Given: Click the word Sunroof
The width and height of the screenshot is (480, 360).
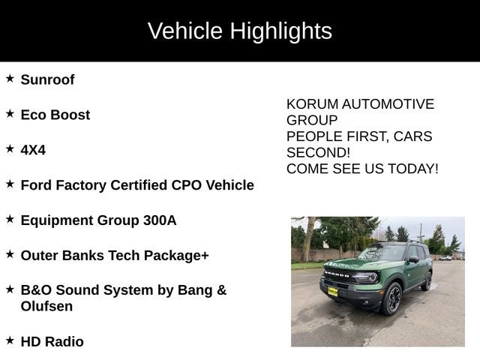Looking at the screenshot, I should (x=47, y=79).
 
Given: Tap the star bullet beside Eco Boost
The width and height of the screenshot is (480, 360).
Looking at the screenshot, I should (x=10, y=113).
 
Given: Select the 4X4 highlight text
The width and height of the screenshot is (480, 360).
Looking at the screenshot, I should (x=33, y=150).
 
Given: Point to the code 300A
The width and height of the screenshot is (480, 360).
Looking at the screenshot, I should (x=160, y=220).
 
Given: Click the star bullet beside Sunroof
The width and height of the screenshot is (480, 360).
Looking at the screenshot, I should (x=10, y=78).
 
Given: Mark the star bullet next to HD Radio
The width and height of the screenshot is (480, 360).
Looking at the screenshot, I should (x=10, y=340).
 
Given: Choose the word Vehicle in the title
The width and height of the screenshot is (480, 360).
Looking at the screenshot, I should (x=184, y=31).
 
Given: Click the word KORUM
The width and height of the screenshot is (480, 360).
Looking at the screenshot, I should (x=310, y=104).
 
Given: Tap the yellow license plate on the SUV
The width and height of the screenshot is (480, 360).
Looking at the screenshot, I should (x=332, y=291).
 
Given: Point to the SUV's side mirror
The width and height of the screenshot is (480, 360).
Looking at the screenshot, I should (x=412, y=259).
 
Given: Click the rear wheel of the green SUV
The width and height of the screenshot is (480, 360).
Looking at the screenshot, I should (x=427, y=281).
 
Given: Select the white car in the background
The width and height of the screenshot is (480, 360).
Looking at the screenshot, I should (x=445, y=258).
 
